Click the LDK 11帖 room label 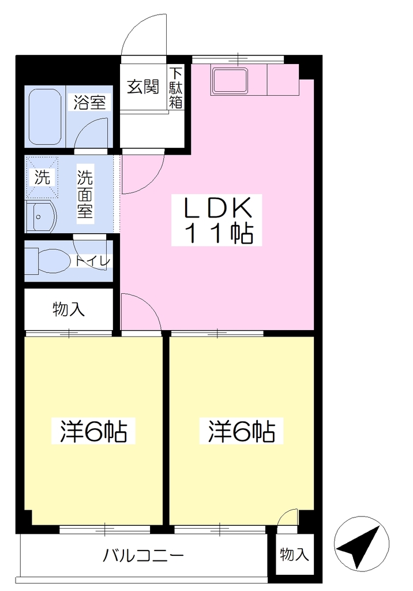[x=217, y=220]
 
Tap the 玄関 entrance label [x=143, y=87]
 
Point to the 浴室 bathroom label [x=89, y=103]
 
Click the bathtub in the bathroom [x=45, y=117]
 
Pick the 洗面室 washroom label [x=85, y=194]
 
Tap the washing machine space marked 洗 [x=42, y=177]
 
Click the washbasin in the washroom [x=41, y=218]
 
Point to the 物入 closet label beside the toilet [x=69, y=309]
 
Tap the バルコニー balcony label [x=144, y=555]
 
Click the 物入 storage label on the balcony [x=294, y=555]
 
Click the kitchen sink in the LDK [x=230, y=81]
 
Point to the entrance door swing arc [x=136, y=27]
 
